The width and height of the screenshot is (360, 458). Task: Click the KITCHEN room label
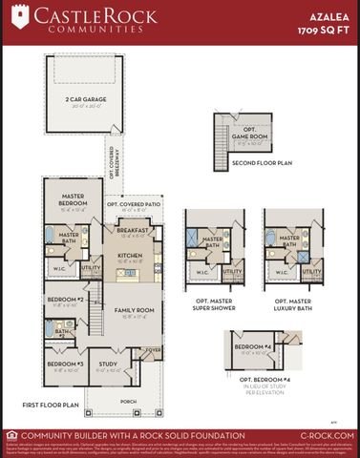[129, 256]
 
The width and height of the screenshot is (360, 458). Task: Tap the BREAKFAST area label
[132, 230]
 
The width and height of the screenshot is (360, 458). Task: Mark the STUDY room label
[108, 364]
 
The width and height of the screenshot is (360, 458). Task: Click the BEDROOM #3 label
[63, 364]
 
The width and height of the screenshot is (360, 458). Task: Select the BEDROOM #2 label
[64, 300]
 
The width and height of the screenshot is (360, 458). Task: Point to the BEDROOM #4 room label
[252, 345]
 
